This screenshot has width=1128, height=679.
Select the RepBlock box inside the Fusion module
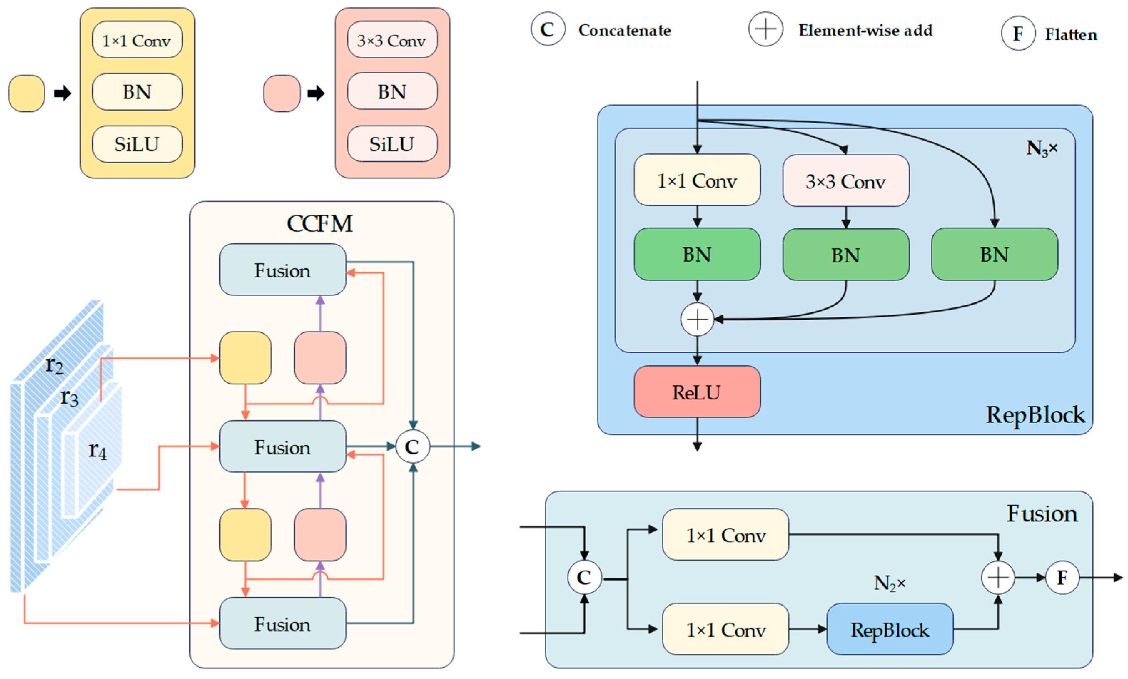point(890,629)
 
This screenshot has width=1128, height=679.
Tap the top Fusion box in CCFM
point(283,270)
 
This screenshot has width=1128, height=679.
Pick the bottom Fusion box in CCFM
point(283,624)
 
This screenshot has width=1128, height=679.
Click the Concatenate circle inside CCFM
point(413,446)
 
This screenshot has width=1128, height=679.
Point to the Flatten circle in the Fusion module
point(1062,577)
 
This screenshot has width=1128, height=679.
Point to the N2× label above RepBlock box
point(889,583)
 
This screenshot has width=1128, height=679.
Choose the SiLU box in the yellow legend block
point(137,144)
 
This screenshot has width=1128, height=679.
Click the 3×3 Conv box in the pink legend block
point(392,40)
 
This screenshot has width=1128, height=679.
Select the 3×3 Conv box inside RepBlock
point(845,181)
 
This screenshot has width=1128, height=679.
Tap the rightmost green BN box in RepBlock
point(994,254)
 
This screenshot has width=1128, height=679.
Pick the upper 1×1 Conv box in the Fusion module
point(725,535)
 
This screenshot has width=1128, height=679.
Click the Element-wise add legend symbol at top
point(765,30)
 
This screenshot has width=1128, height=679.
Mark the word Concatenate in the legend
point(624,30)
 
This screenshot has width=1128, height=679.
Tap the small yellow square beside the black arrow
point(26,93)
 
